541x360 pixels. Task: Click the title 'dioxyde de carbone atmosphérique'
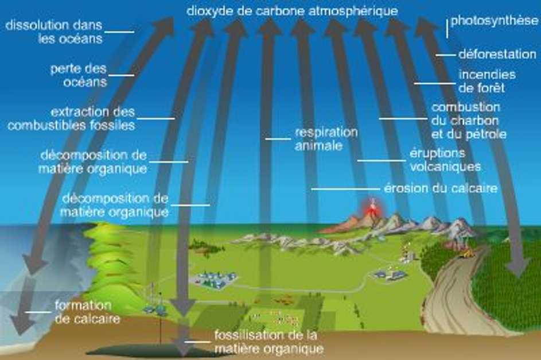point(292,11)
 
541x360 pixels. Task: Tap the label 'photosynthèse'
point(494,21)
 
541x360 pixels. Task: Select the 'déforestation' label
point(497,54)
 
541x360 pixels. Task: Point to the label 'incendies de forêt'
point(487,81)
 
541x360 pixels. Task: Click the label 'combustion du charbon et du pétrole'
point(469,121)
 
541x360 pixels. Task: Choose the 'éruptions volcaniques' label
point(445,160)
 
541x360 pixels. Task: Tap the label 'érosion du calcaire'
point(441,188)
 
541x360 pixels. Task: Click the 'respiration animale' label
point(326,139)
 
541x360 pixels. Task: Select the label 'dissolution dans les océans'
point(54,32)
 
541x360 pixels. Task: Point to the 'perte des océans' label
point(79,75)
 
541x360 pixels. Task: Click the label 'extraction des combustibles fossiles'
point(71,119)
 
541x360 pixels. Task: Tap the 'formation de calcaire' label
point(87,312)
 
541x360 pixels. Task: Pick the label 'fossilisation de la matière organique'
point(269,342)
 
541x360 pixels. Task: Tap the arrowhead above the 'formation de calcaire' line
point(34,265)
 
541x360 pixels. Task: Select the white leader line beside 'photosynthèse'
point(447,28)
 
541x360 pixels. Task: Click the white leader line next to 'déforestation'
point(446,55)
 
